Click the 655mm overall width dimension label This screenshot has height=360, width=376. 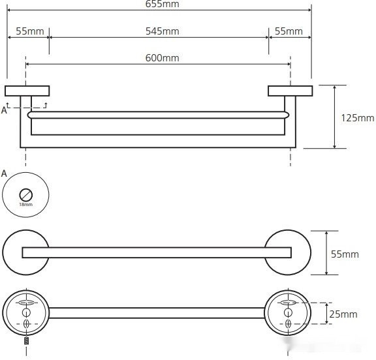point(162,4)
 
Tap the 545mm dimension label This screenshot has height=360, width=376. point(163,31)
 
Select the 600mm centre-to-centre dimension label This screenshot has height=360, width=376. point(163,58)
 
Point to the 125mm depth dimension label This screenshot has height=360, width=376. point(358,118)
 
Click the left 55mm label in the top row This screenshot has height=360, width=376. point(30,31)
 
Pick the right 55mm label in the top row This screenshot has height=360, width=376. point(289,31)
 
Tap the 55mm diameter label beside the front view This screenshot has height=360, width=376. point(345,254)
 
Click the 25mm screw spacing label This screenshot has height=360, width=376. point(343,314)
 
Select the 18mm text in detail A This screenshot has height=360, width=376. point(26,205)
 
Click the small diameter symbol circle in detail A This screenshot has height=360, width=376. point(26,195)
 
